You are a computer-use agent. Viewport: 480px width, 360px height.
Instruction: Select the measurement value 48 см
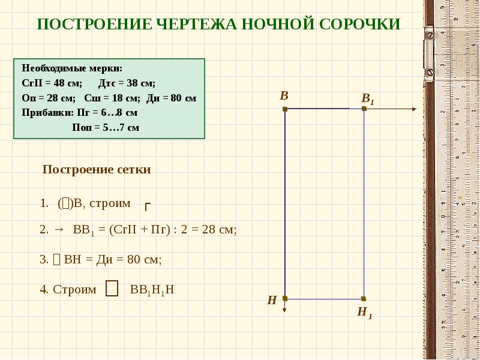pos(70,83)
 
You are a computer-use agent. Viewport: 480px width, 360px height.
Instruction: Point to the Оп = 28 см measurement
pos(49,98)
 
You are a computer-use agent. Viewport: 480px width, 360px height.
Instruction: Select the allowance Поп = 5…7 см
pos(106,127)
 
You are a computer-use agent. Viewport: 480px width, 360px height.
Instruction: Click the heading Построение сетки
pos(97,170)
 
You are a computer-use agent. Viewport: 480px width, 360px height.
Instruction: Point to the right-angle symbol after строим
pos(147,207)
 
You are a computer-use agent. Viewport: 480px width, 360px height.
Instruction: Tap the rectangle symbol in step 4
pos(111,289)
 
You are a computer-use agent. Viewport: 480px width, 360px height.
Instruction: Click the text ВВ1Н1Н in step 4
pos(152,290)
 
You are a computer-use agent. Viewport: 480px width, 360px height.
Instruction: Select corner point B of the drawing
pos(285,109)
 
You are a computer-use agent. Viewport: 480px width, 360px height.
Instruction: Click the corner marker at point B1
pos(364,109)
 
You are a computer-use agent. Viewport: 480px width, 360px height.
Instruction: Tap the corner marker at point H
pos(285,298)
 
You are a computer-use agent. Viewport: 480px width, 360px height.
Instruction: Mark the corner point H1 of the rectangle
pos(364,298)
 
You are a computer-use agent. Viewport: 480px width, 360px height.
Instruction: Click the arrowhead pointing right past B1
pos(413,109)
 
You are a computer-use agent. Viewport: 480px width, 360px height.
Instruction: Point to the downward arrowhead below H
pos(285,310)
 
